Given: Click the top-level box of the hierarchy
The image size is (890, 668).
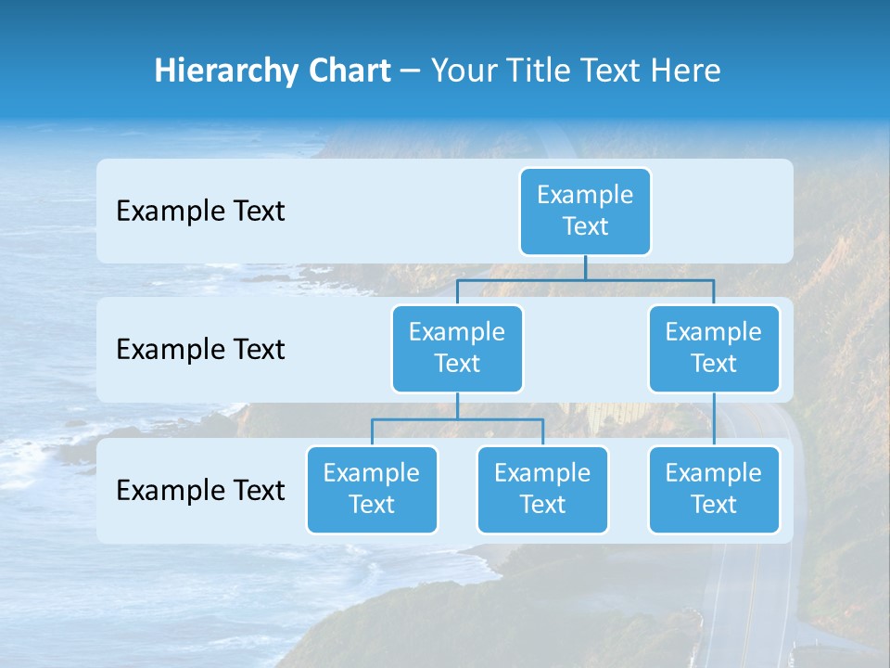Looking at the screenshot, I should tap(585, 211).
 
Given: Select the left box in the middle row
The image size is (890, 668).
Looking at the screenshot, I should tap(457, 348).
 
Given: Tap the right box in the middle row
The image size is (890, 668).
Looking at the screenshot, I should tap(714, 348).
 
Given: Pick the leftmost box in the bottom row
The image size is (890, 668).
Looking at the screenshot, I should tap(372, 489).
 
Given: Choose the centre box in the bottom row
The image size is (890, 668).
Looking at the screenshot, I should tap(542, 489).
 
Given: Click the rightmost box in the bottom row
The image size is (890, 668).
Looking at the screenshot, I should tap(714, 489).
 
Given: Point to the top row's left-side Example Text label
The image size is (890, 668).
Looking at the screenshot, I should tap(200, 211).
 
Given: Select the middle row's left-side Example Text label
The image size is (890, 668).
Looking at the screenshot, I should tap(200, 349).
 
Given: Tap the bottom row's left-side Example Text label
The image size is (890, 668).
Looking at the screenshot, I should tap(200, 490).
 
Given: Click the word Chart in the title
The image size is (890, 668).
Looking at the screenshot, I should tap(347, 71).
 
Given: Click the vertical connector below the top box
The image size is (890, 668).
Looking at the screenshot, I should tap(585, 267).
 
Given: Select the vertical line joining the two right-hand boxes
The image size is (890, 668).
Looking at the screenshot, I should tap(714, 419).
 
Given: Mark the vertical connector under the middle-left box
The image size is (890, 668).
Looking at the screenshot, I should tap(457, 405).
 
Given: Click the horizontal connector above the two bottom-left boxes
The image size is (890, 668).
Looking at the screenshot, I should tap(457, 419).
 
